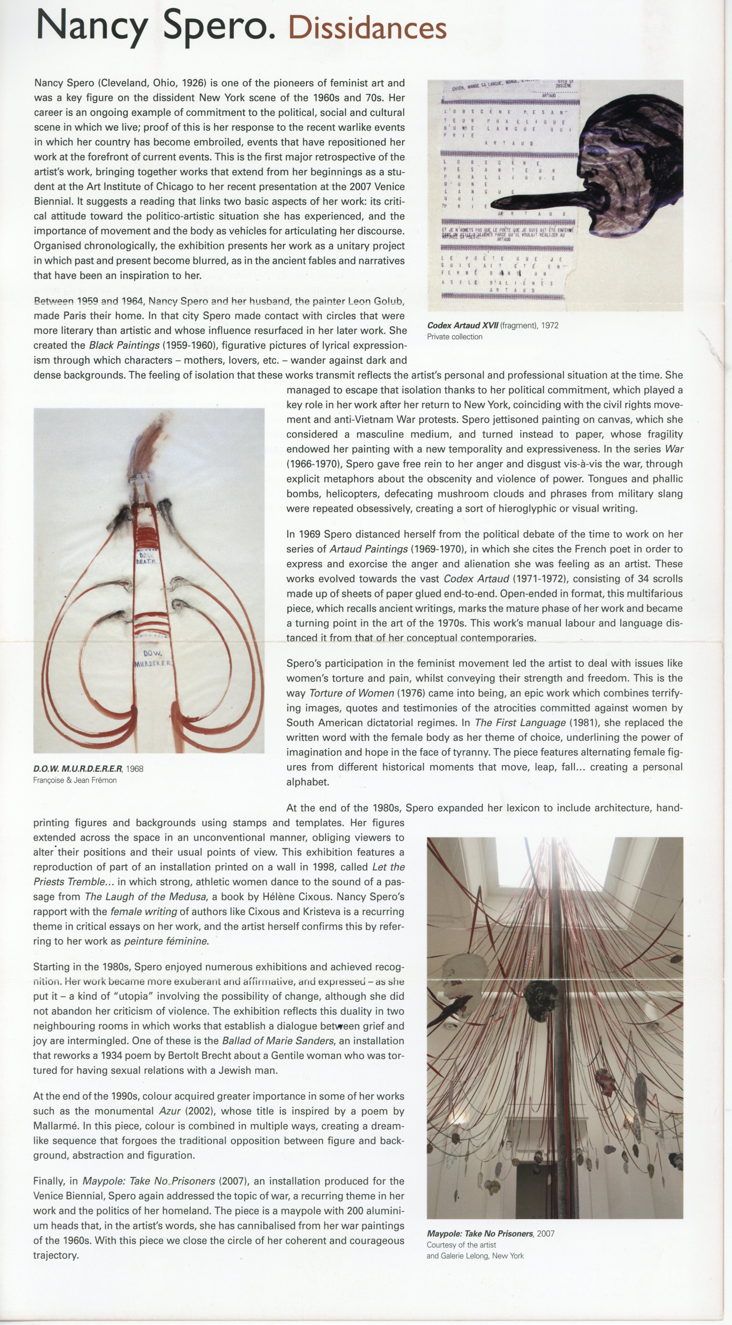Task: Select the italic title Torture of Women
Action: point(352,693)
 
